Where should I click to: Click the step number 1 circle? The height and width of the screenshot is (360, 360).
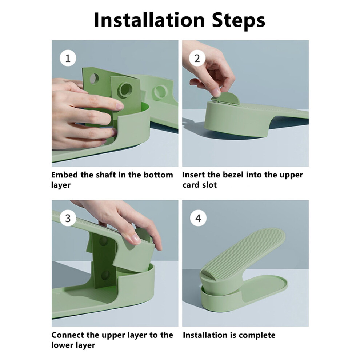click(x=68, y=58)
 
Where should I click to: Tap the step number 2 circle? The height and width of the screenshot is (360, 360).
click(x=197, y=58)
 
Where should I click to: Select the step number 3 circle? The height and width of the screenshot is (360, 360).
click(x=68, y=218)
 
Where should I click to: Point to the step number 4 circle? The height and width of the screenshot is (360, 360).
click(x=198, y=218)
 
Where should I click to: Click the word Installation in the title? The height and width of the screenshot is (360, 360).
click(x=149, y=20)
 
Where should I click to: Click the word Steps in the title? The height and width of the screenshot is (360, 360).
click(x=239, y=21)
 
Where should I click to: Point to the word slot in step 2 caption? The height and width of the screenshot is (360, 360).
click(x=209, y=185)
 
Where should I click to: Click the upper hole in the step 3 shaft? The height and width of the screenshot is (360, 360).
click(x=103, y=240)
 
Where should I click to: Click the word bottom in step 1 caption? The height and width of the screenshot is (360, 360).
click(x=158, y=175)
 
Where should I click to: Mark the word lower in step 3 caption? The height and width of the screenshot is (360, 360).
click(x=61, y=345)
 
